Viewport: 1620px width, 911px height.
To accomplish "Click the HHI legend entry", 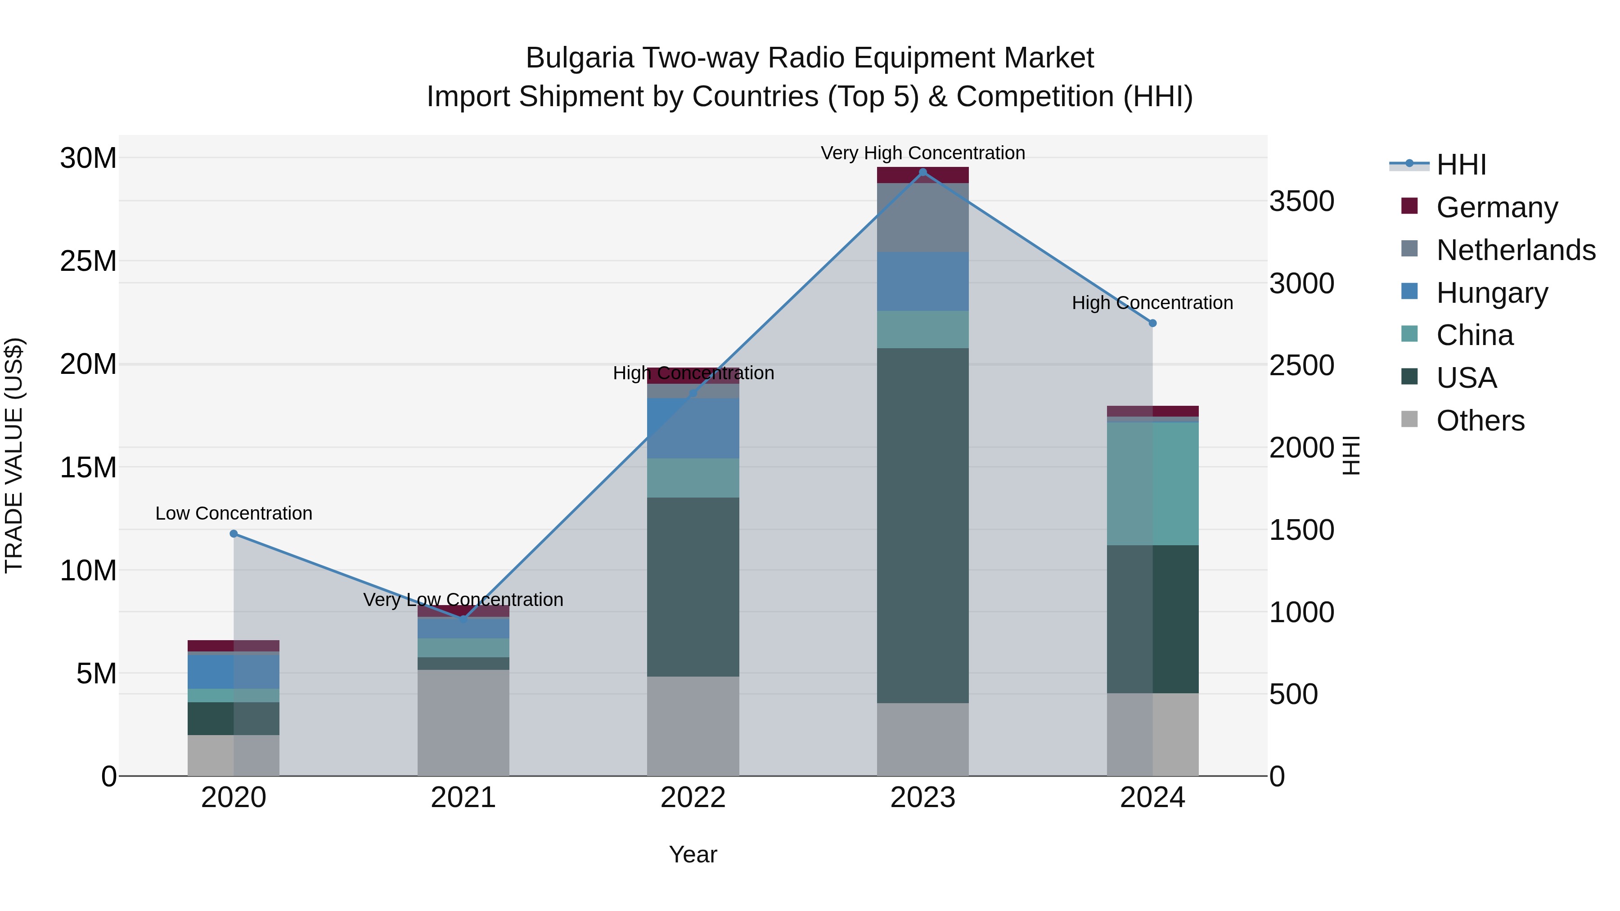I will (x=1460, y=165).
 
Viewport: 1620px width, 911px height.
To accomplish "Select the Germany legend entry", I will (x=1497, y=207).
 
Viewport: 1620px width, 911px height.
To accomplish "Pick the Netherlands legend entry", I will (x=1516, y=250).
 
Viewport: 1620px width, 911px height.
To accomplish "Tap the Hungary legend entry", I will (x=1492, y=293).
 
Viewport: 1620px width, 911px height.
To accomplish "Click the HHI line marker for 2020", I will (x=233, y=534).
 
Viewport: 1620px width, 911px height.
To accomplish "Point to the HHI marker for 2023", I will (x=922, y=172).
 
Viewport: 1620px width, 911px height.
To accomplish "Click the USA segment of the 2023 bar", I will (x=922, y=525).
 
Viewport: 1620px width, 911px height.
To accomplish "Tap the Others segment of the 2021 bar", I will (x=463, y=723).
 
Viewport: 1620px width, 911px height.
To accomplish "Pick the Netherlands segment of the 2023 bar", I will (x=922, y=218).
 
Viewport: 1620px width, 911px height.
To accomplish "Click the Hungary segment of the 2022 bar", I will (x=693, y=428).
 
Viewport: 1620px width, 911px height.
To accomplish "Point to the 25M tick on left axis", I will (x=88, y=261).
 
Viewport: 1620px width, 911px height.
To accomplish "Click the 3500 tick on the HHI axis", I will (x=1301, y=202).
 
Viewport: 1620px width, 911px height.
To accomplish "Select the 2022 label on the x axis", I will (x=693, y=798).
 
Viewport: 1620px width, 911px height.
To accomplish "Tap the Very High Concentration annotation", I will (x=922, y=153).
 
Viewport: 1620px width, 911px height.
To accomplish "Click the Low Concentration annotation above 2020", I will (x=233, y=514).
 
